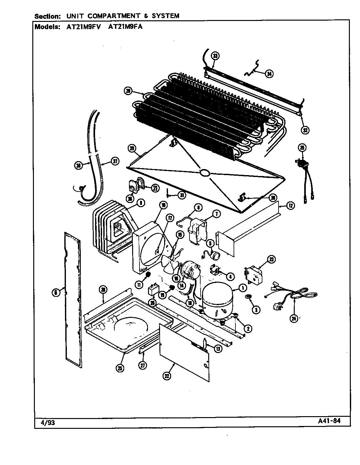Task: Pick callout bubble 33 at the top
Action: [215, 56]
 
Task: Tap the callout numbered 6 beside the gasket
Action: [56, 293]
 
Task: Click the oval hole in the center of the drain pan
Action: [205, 173]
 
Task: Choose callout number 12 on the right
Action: [290, 206]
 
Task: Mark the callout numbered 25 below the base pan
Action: [120, 368]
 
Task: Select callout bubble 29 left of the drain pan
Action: [132, 148]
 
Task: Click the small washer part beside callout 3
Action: [248, 297]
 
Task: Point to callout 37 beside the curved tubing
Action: [115, 161]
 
